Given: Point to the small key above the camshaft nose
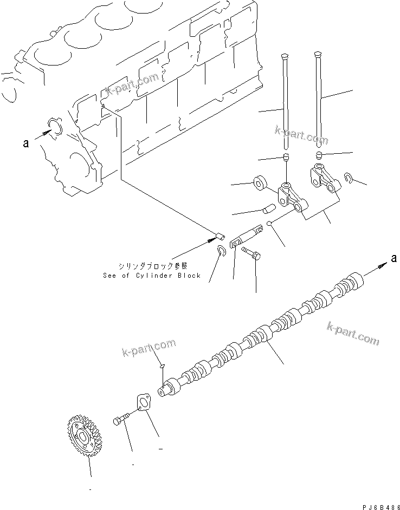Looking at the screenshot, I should click(x=162, y=369).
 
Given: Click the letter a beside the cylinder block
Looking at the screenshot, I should click(x=25, y=143).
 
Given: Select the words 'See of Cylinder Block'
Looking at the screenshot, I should click(x=152, y=276).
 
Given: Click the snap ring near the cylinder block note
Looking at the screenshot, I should click(x=221, y=250).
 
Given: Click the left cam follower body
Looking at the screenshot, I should click(x=290, y=197).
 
